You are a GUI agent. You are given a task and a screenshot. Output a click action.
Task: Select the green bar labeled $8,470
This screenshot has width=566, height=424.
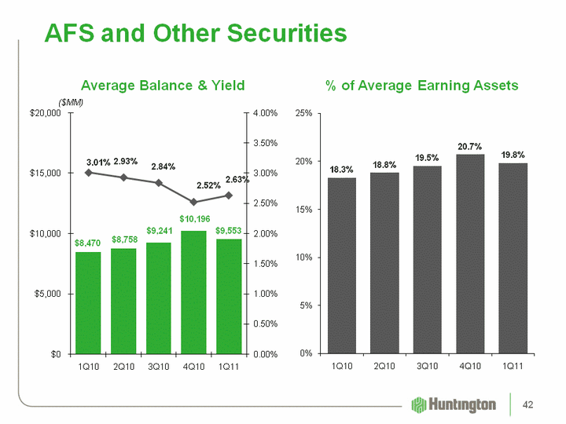click(88, 302)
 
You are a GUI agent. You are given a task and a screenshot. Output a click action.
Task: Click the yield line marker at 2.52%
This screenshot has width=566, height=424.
click(193, 202)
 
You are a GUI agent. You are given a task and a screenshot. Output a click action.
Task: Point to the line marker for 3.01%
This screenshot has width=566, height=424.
click(88, 173)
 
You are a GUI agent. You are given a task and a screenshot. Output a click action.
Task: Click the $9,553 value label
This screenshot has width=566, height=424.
click(229, 229)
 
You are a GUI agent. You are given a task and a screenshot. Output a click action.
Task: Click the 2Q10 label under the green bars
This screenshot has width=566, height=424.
click(123, 367)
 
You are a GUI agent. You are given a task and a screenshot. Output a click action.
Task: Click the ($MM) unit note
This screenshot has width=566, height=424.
click(72, 103)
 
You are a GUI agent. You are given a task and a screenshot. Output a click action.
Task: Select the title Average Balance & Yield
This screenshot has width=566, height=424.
click(164, 85)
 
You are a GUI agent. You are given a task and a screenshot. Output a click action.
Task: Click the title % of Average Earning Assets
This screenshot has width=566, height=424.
click(422, 85)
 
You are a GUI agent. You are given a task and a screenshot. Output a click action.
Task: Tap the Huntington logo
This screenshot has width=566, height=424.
click(454, 404)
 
